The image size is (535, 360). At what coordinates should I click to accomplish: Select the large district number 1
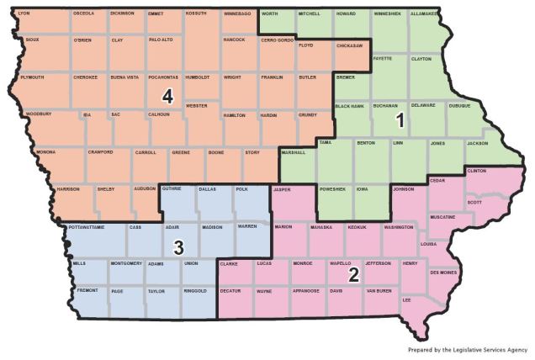[x=400, y=120]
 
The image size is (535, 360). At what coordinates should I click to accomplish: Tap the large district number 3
[x=178, y=247]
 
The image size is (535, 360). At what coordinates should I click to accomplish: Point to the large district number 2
[x=355, y=274]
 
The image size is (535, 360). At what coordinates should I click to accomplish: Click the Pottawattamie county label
[x=87, y=228]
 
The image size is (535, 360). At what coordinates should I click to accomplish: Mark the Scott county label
[x=474, y=202]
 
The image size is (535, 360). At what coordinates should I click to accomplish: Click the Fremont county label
[x=87, y=290]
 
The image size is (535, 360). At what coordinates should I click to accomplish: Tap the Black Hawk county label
[x=349, y=107]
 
